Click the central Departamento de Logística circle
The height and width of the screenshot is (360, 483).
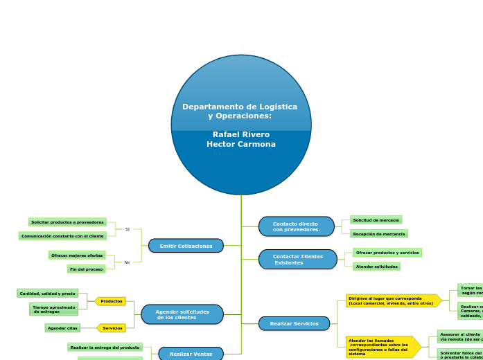click(x=241, y=125)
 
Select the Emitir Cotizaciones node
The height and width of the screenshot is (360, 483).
click(x=186, y=246)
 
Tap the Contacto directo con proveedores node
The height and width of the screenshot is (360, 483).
click(x=296, y=226)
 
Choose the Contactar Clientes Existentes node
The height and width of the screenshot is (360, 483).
click(x=297, y=260)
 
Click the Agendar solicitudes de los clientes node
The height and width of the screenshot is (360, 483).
click(x=182, y=314)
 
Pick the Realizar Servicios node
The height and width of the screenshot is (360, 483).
click(x=294, y=323)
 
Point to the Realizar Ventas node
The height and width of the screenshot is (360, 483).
click(x=191, y=354)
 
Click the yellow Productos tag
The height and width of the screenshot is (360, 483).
click(x=111, y=301)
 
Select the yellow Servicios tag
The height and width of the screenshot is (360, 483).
click(x=112, y=328)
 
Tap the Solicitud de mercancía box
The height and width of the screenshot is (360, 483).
click(x=376, y=220)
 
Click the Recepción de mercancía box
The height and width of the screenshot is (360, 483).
click(x=378, y=234)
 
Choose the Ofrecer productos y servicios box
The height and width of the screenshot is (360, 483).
click(x=387, y=253)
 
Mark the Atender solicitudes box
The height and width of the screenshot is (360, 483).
click(x=376, y=267)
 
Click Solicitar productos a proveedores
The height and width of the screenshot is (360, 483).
click(x=67, y=222)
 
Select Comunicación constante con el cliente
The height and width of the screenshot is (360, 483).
click(x=62, y=236)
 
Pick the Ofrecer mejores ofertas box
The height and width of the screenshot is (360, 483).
click(x=77, y=255)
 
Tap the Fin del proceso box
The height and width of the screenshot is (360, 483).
click(x=86, y=269)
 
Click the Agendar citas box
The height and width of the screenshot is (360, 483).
click(x=62, y=328)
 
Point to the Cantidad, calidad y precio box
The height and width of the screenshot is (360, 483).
click(x=47, y=294)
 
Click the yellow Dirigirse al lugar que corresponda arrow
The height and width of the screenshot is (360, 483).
click(x=392, y=300)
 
